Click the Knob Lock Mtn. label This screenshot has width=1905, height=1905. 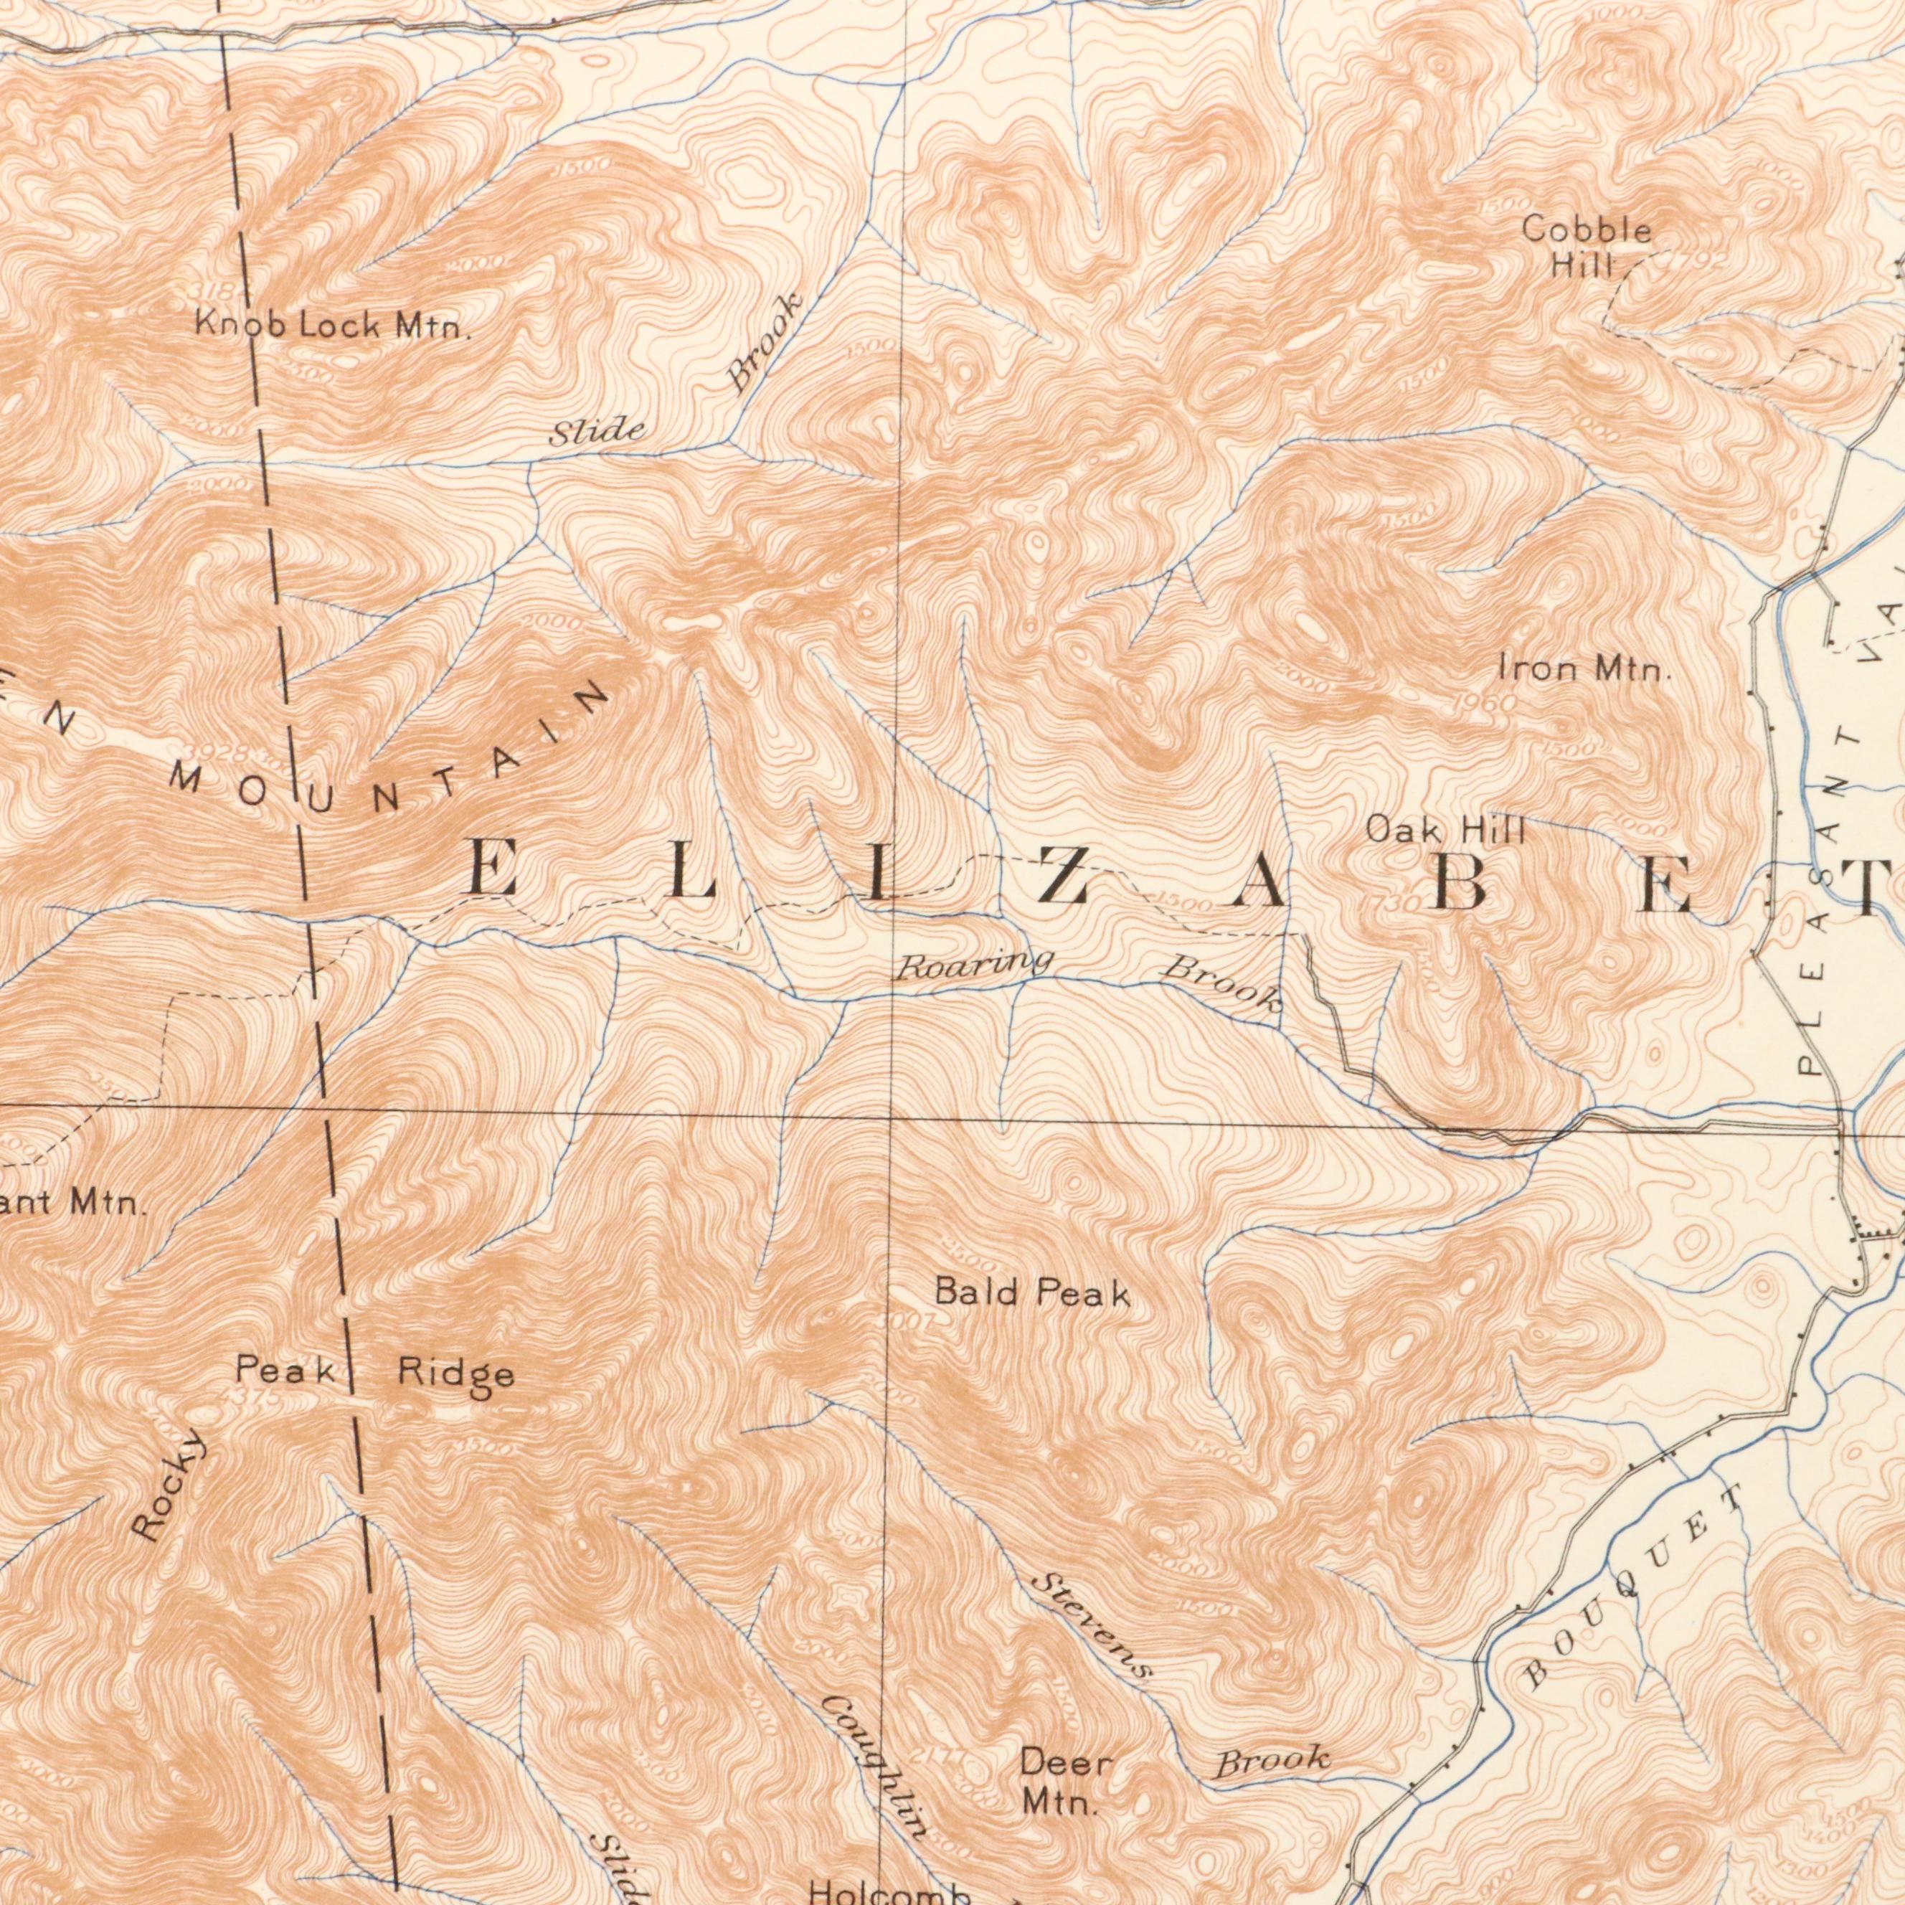(332, 326)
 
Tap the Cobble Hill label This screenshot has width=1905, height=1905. (1587, 247)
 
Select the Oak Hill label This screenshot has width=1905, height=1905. (1445, 831)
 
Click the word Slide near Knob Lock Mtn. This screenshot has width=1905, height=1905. (597, 431)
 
